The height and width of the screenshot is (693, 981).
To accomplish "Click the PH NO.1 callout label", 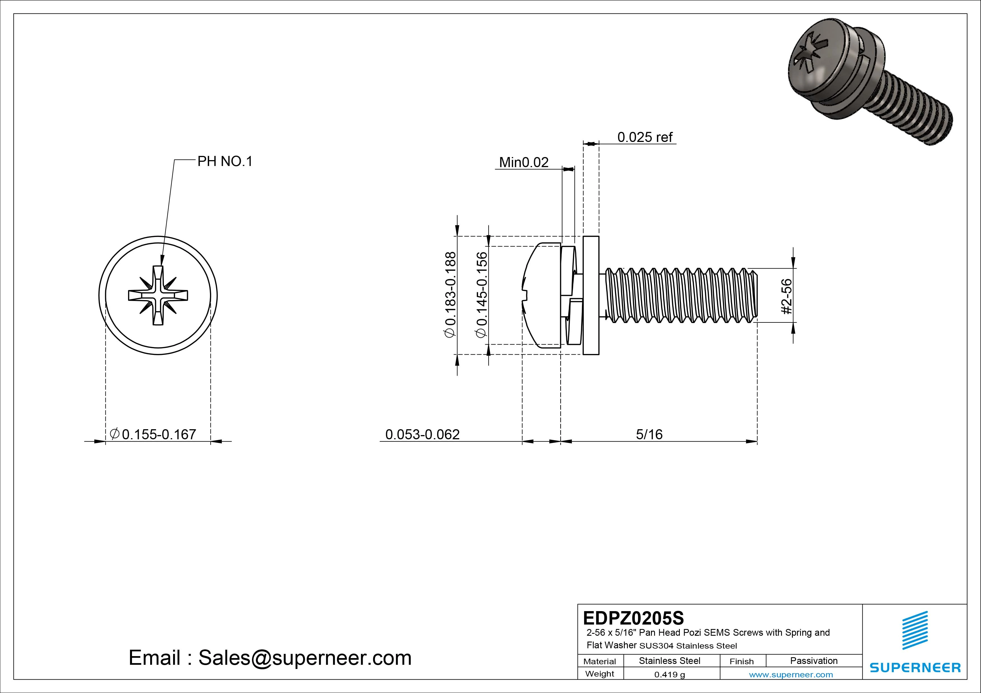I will point(225,162).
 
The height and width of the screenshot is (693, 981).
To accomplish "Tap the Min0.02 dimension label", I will point(523,162).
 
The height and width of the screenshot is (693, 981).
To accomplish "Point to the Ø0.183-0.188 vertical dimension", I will point(451,295).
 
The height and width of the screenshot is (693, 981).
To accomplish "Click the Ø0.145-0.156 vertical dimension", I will point(482,295).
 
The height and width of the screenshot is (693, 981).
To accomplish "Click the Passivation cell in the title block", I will point(813,661).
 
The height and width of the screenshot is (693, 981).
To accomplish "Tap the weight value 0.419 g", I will point(669,675).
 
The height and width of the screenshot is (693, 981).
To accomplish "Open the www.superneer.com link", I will point(791,675).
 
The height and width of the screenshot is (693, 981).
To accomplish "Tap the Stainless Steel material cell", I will point(669,661).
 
